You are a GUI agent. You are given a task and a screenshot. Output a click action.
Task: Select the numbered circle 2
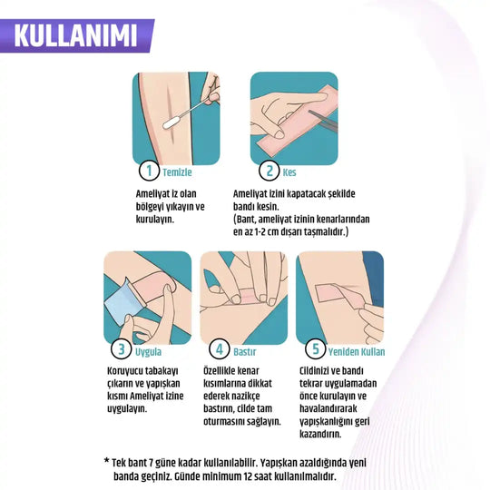(269, 170)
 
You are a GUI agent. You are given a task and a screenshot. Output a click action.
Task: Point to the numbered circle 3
(120, 349)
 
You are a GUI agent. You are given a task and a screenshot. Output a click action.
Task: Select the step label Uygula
(148, 350)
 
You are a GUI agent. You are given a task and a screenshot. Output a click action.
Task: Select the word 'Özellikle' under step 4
(229, 370)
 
